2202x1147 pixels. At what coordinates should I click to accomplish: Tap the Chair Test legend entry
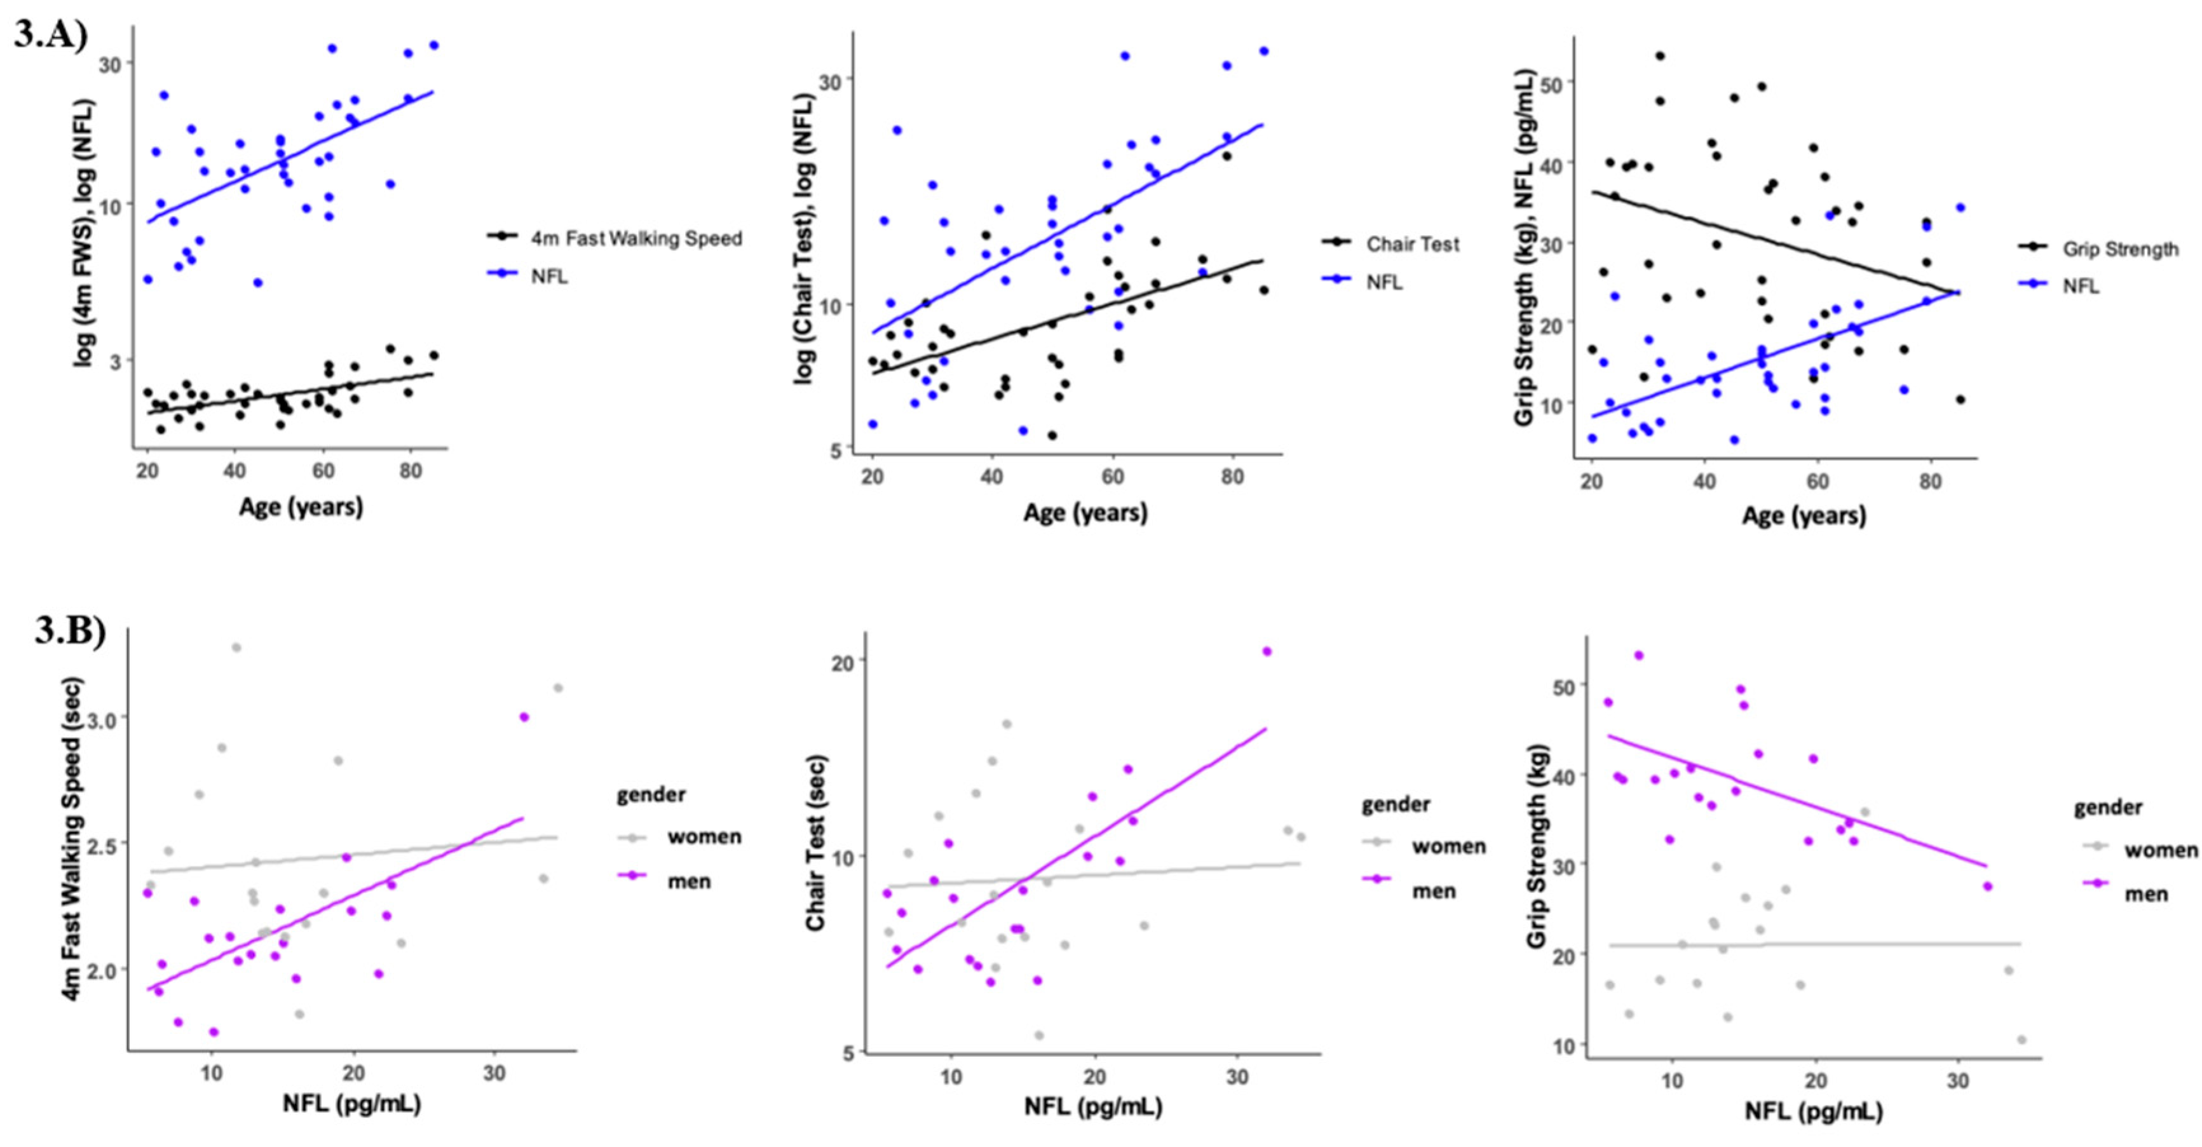tap(1412, 245)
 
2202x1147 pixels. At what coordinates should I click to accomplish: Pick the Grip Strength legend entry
tap(2120, 250)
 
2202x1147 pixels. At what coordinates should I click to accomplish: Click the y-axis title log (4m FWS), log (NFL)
tap(86, 234)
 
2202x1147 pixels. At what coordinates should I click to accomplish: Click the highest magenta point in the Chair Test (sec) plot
tap(1267, 652)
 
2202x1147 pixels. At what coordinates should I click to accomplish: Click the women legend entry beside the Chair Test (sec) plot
tap(1448, 846)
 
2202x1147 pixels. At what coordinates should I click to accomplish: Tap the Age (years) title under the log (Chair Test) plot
tap(1085, 513)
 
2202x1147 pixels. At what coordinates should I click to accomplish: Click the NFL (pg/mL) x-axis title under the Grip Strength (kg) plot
tap(1813, 1111)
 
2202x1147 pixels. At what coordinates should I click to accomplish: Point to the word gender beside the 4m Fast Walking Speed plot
tap(651, 795)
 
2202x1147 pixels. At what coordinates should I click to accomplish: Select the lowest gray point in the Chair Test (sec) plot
tap(1038, 1035)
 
